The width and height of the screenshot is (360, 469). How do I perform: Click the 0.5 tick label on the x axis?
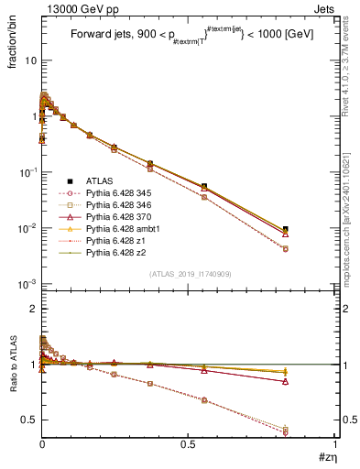[x=188, y=446]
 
